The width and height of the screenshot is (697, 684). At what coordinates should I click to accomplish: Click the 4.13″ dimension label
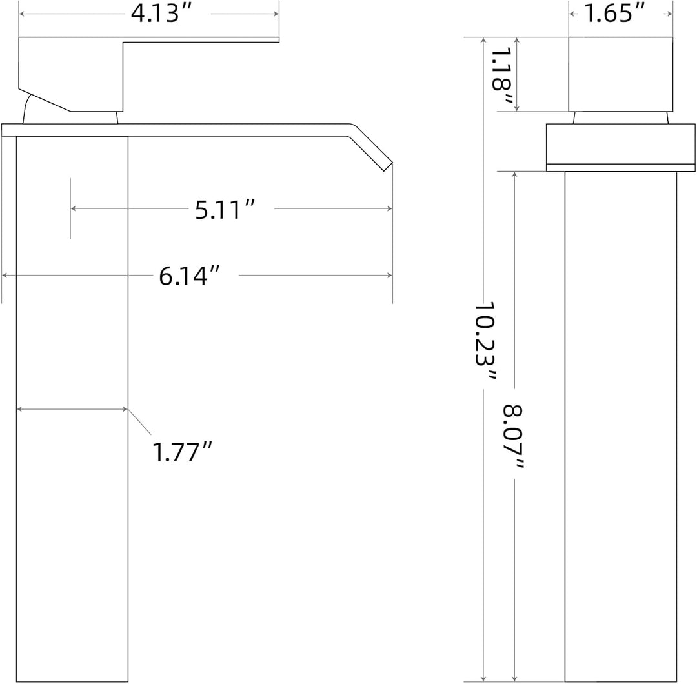pos(161,14)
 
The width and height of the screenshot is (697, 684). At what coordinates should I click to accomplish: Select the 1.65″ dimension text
pos(614,14)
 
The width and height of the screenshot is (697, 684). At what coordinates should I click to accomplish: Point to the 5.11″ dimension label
pos(225,209)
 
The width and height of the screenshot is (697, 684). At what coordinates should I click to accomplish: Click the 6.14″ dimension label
pos(189,276)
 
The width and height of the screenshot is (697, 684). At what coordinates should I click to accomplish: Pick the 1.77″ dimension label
pos(182,452)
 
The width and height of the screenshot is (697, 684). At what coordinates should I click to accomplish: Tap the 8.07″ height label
pos(514,436)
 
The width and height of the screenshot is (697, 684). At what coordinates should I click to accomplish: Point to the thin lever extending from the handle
pos(201,40)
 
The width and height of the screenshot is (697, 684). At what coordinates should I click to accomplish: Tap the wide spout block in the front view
pos(621,147)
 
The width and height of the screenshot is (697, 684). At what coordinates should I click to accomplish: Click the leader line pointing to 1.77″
pos(139,421)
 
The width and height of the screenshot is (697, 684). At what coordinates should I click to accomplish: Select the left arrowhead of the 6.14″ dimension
pos(5,276)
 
